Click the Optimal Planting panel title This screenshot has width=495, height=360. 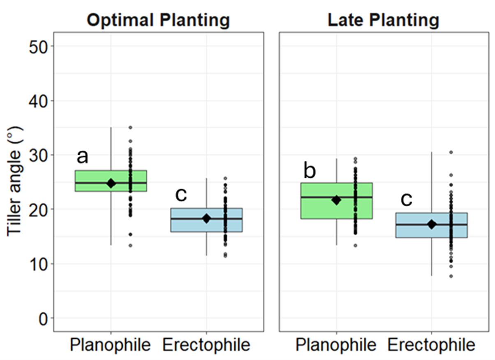[158, 20]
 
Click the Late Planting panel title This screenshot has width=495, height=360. [383, 20]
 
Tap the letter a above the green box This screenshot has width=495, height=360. [82, 156]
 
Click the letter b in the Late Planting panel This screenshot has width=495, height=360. [309, 170]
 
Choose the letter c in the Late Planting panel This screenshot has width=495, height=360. [406, 199]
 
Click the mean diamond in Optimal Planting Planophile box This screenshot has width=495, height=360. [111, 183]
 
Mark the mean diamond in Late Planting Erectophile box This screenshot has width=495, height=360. [431, 224]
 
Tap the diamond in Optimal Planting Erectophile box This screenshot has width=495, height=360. [206, 219]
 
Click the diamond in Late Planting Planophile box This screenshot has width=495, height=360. [336, 200]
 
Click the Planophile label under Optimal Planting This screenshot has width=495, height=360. [110, 345]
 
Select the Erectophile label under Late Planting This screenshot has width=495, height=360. [431, 345]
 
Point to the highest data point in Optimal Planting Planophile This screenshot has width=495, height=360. [130, 128]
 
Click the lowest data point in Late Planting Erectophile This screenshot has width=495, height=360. [451, 276]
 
